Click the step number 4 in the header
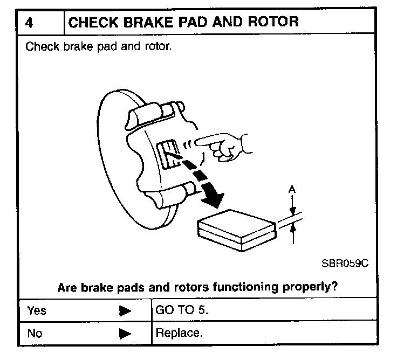(30, 23)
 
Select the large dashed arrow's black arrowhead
(214, 198)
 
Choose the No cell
(35, 334)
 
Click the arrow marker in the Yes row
(125, 311)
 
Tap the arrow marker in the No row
(125, 334)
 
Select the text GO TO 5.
(177, 310)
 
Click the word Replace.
(179, 333)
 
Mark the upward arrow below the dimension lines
(292, 231)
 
